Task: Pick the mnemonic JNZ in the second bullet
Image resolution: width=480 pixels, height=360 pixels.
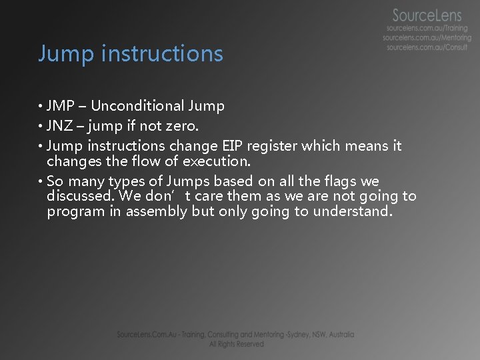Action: click(60, 125)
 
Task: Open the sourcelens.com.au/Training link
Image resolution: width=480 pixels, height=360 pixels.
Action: click(427, 29)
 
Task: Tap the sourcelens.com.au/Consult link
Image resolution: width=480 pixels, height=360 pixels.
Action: click(428, 48)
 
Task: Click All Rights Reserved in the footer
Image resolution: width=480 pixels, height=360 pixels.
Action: click(236, 344)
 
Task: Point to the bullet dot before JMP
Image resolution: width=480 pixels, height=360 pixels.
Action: click(41, 107)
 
